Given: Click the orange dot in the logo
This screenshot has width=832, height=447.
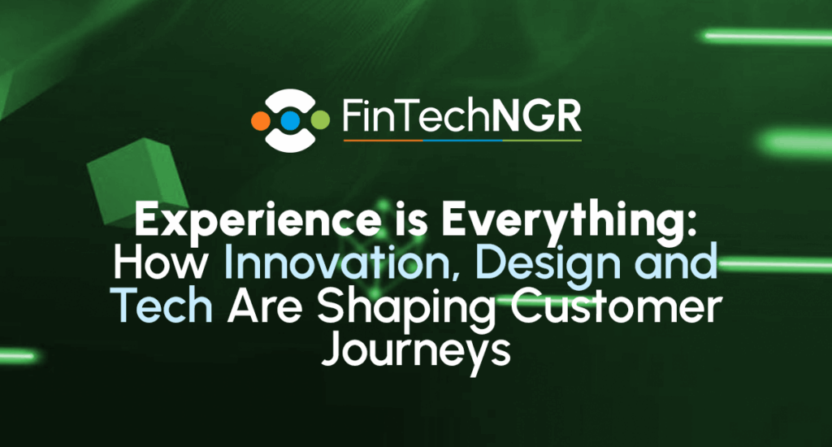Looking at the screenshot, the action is click(x=261, y=120).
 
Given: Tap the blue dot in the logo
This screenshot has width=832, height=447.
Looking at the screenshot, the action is click(x=290, y=120).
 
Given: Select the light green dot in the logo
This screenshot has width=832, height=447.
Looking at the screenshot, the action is click(x=319, y=120).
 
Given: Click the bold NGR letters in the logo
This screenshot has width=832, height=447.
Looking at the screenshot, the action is click(x=536, y=116).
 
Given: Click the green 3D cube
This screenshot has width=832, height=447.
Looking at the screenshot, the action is click(x=137, y=181).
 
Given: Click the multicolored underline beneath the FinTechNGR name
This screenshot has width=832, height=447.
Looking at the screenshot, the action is click(x=462, y=141).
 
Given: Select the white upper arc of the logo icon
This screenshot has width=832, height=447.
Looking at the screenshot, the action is click(x=290, y=98).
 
